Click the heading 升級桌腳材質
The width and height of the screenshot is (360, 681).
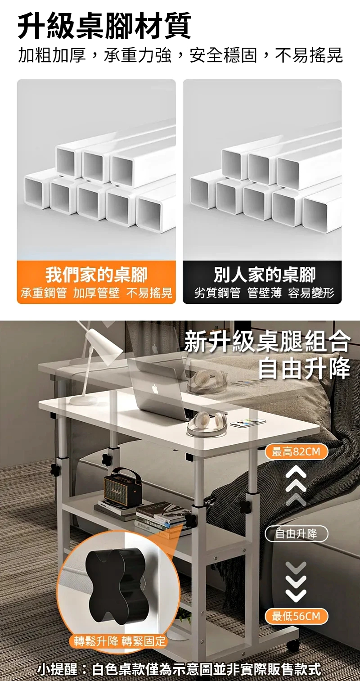pyautogui.click(x=104, y=26)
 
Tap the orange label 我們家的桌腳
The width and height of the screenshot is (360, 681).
pyautogui.click(x=96, y=275)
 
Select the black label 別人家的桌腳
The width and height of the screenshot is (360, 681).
pyautogui.click(x=265, y=275)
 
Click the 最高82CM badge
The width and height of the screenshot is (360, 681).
pyautogui.click(x=296, y=451)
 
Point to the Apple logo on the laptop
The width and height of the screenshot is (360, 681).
pyautogui.click(x=155, y=389)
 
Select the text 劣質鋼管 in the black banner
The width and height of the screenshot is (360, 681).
pyautogui.click(x=217, y=293)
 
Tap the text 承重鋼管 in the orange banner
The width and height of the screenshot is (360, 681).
pyautogui.click(x=44, y=293)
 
